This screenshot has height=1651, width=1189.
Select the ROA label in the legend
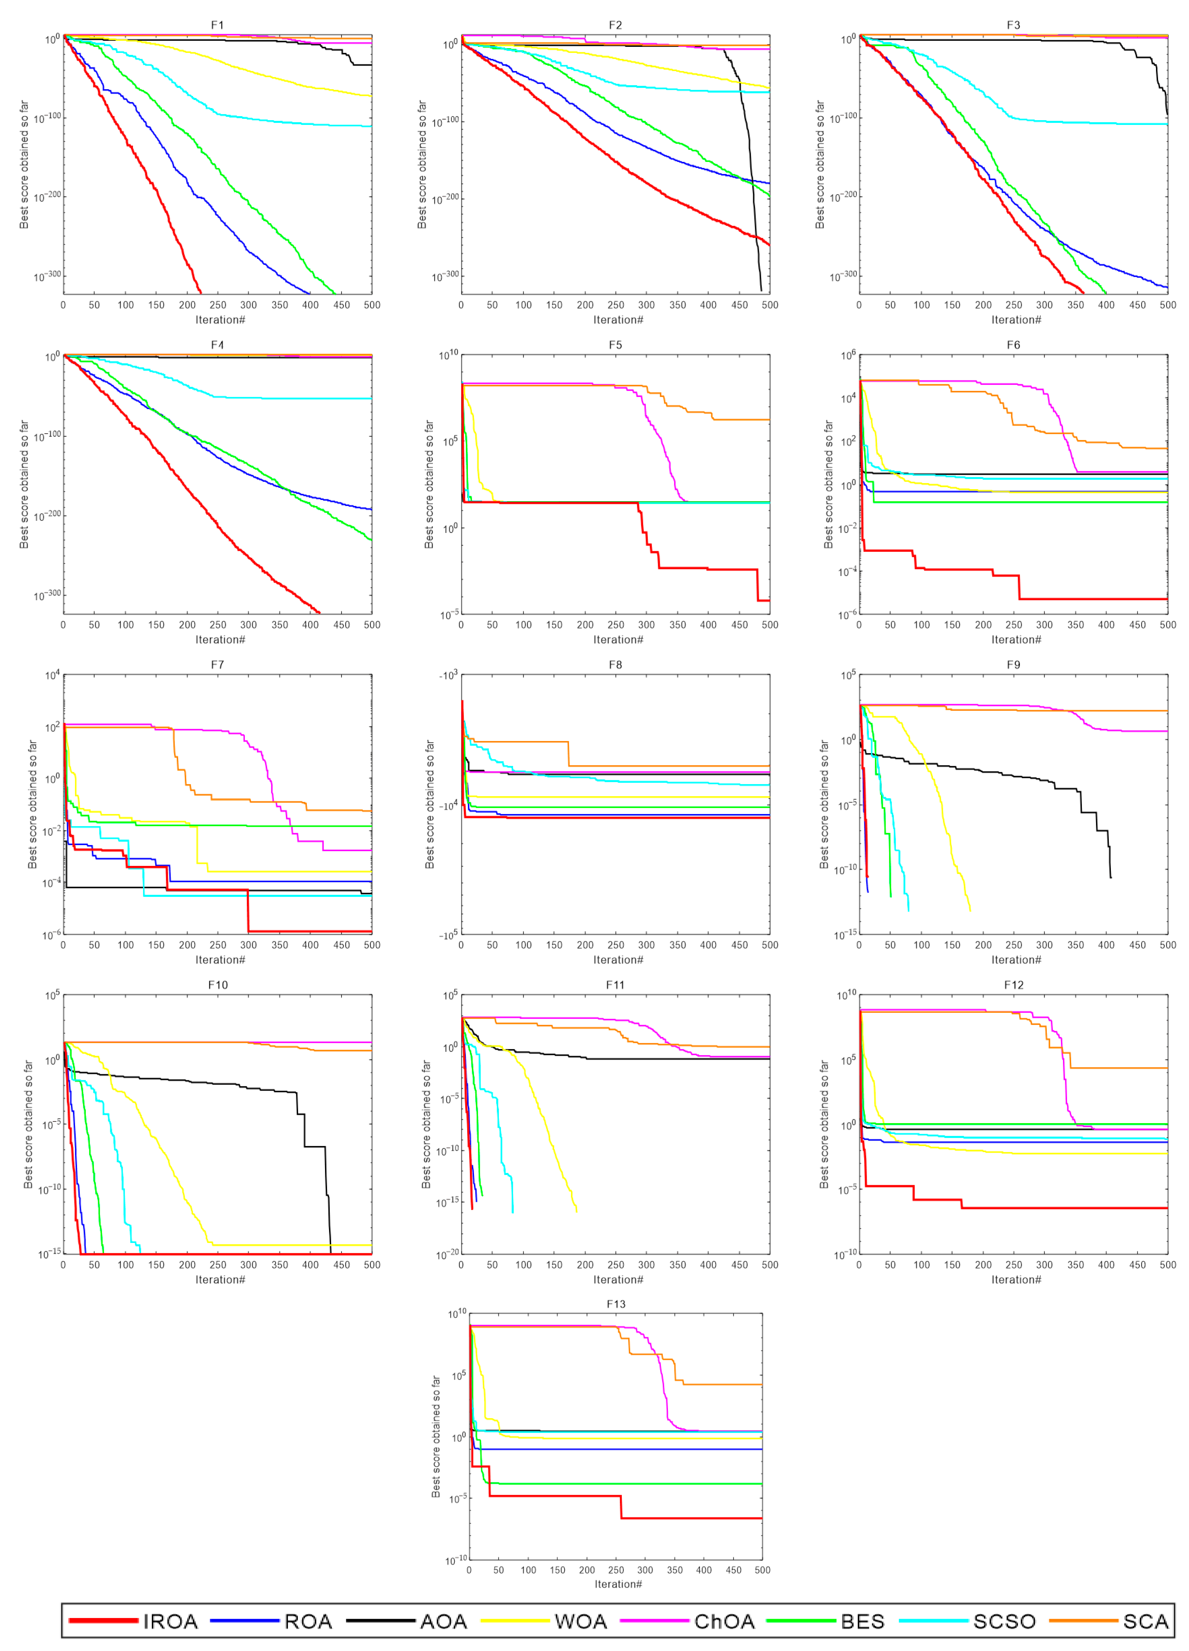[x=308, y=1621]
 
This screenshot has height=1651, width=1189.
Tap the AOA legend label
[x=443, y=1621]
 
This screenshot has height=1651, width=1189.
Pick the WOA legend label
[x=580, y=1621]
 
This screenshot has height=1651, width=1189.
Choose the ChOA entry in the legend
[x=724, y=1621]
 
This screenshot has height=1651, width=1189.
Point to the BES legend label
[x=862, y=1621]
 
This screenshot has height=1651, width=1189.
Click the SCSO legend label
[x=1004, y=1621]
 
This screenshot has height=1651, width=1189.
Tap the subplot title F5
[x=615, y=345]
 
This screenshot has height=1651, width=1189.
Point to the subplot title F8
[x=615, y=665]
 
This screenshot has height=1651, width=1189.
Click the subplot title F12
[x=1014, y=985]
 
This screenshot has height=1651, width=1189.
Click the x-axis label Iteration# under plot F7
[x=220, y=959]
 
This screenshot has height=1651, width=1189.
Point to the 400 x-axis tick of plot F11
[x=708, y=1265]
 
